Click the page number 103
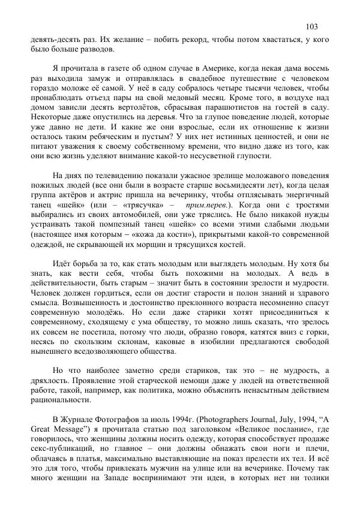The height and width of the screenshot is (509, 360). (311, 26)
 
